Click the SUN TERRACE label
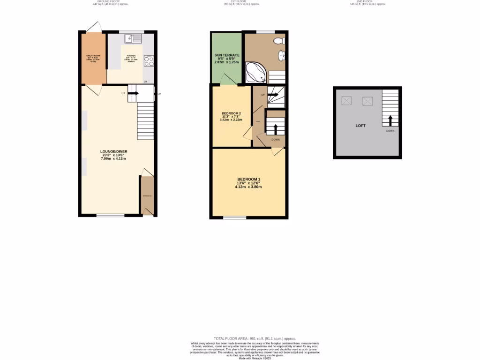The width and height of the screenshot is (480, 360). tap(227, 55)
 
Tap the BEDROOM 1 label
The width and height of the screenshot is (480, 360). tap(248, 180)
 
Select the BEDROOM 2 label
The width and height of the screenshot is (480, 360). tap(231, 113)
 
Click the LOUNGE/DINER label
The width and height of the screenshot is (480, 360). tap(113, 151)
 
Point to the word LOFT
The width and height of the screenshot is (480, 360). tap(360, 126)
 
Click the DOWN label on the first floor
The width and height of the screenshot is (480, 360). tap(276, 139)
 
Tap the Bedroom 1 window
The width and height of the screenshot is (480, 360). tap(234, 217)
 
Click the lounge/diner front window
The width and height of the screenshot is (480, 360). tap(111, 215)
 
